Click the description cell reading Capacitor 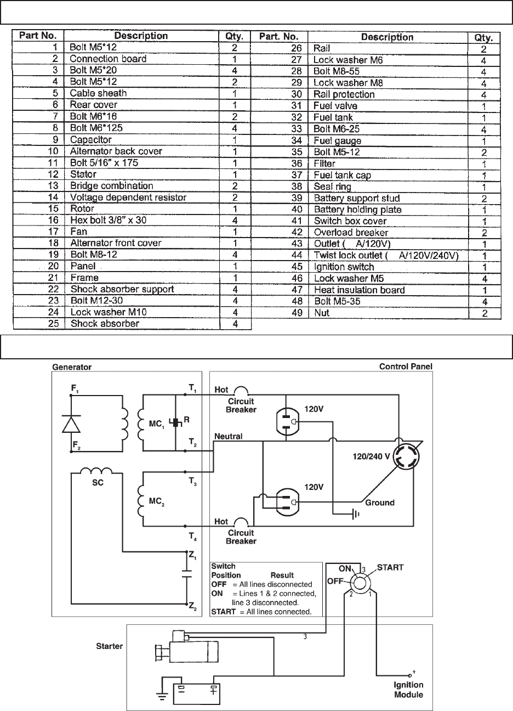coord(90,140)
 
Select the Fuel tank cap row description coord(342,175)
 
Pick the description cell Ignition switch coord(344,267)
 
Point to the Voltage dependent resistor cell coord(128,197)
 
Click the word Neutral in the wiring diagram coord(229,436)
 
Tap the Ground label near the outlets coord(380,502)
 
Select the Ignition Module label coord(408,690)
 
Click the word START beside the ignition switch coord(390,568)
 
